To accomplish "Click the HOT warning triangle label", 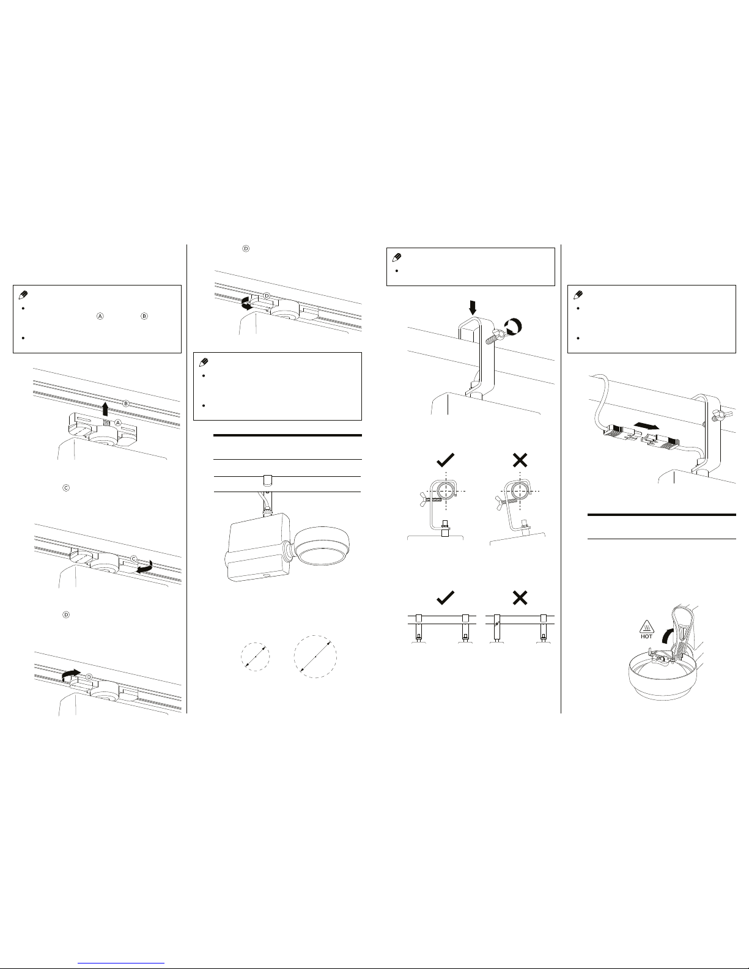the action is [x=646, y=629].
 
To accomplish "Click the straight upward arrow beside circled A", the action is [x=105, y=408].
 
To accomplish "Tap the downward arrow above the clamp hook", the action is [x=473, y=308].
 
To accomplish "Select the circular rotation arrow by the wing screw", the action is [x=513, y=326].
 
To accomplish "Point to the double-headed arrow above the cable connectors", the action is [x=648, y=427].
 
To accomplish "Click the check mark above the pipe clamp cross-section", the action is [x=445, y=460].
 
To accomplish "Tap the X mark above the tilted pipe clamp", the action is [x=520, y=460].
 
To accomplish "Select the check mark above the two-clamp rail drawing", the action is [x=445, y=597].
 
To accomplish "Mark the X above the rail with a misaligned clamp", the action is [x=520, y=597].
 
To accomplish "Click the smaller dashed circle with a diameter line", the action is [x=256, y=657].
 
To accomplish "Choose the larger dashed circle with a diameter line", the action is [x=315, y=657].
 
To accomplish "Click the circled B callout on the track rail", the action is [x=126, y=403].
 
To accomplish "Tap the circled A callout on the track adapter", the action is [x=118, y=422].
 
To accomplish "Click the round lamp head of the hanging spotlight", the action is [x=323, y=547].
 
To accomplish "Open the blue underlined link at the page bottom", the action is [x=121, y=962].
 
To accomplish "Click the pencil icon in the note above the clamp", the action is [x=396, y=257].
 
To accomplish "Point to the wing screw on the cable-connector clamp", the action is [x=717, y=416].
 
